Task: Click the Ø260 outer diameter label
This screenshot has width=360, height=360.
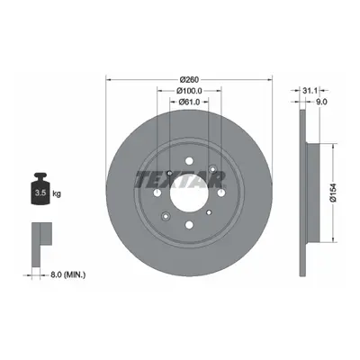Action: (189, 80)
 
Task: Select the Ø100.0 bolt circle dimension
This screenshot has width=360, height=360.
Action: (189, 90)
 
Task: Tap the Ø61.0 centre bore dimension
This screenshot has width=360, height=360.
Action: (189, 102)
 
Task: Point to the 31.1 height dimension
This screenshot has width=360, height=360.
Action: (310, 90)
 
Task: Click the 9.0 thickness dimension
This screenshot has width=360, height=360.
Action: (321, 102)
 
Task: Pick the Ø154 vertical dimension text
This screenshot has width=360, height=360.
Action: (333, 193)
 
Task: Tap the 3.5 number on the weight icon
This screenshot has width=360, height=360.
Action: (40, 193)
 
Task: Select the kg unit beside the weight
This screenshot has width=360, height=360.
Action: (57, 193)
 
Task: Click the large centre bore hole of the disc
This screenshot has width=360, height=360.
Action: (189, 193)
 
